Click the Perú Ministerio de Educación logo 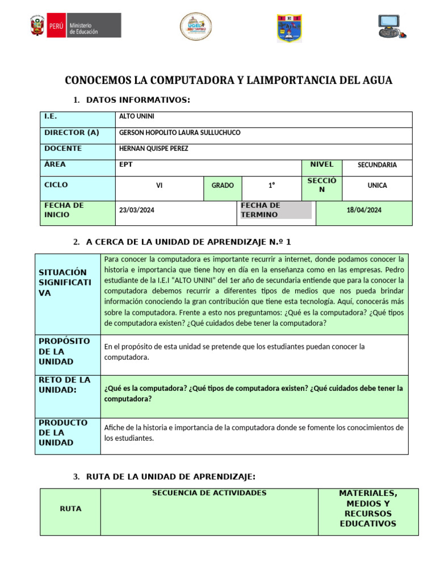click(x=76, y=26)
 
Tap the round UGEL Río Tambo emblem click(x=196, y=27)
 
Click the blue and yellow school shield click(x=289, y=28)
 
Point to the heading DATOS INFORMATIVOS click(x=138, y=100)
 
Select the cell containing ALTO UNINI click(x=136, y=117)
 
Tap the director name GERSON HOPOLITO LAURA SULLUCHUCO click(x=179, y=133)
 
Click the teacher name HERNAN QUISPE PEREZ click(x=153, y=149)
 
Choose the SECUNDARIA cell click(x=377, y=165)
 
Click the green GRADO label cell click(x=223, y=186)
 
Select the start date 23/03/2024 click(x=136, y=210)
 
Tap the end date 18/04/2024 click(x=364, y=210)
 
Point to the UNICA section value click(x=377, y=186)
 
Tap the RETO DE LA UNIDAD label click(x=64, y=385)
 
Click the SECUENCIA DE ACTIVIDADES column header click(x=209, y=493)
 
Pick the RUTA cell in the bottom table click(x=70, y=509)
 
